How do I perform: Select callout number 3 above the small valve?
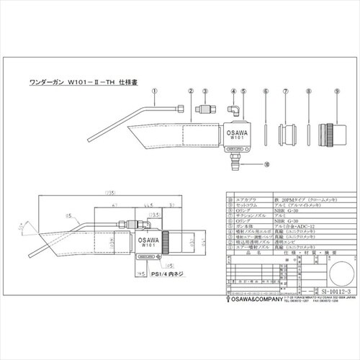pyautogui.click(x=205, y=93)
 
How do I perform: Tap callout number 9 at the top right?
pyautogui.click(x=336, y=93)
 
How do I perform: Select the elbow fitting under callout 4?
pyautogui.click(x=235, y=110)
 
